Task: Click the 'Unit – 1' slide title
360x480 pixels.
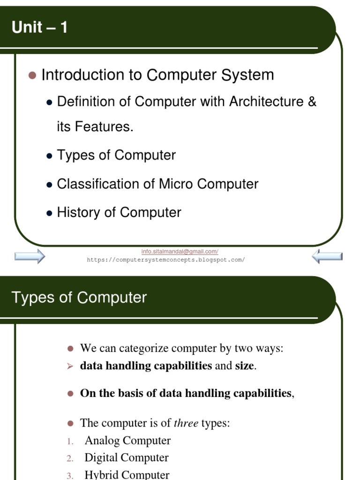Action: click(x=40, y=28)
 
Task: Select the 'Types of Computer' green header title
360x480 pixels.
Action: click(x=79, y=298)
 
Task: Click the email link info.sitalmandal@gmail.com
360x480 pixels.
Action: click(x=180, y=252)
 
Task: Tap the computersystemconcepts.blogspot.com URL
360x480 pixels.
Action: click(x=166, y=259)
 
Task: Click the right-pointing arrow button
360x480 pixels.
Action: click(x=30, y=256)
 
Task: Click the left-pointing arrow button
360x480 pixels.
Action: click(x=327, y=256)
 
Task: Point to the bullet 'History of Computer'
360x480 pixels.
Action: click(x=119, y=212)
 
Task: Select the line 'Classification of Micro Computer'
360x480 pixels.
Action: click(x=157, y=184)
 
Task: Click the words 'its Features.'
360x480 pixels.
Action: click(x=95, y=127)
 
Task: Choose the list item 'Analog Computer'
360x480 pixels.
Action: click(x=127, y=441)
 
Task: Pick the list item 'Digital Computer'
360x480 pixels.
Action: click(x=127, y=457)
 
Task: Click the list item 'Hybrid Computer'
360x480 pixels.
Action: click(x=127, y=474)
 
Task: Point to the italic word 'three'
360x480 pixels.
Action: click(x=186, y=423)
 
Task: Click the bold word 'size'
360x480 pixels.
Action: click(x=244, y=366)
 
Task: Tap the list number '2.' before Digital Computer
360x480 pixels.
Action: click(x=70, y=458)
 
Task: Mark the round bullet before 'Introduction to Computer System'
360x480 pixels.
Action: click(x=32, y=75)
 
